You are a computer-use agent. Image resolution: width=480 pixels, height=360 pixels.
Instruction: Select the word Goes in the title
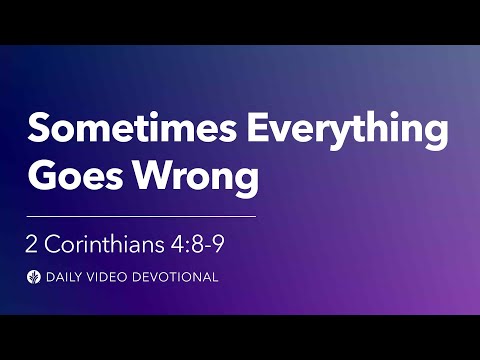[x=69, y=179]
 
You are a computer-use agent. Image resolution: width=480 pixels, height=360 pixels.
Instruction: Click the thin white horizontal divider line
[x=141, y=215]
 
